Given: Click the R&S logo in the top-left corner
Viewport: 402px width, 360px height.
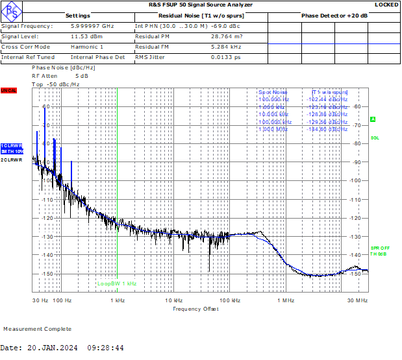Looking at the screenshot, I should (11, 10).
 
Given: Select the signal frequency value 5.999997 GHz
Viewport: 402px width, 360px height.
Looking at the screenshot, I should (92, 26).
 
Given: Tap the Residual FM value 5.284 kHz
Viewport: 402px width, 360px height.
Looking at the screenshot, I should (227, 47).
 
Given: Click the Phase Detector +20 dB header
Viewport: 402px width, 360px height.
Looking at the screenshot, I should (334, 15).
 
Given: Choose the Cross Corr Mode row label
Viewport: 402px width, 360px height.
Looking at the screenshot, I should (26, 47).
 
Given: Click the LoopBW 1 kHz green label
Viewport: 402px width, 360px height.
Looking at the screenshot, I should (117, 283).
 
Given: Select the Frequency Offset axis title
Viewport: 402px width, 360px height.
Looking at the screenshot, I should (195, 309).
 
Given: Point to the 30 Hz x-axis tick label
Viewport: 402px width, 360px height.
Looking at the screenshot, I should (41, 300).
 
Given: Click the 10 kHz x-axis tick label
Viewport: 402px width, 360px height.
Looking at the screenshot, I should (173, 300).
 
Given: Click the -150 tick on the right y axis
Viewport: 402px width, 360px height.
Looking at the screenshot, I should (355, 274).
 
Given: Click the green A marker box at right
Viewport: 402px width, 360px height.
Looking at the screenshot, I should (373, 119).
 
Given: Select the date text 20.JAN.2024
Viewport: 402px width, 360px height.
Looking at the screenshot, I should (52, 348).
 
